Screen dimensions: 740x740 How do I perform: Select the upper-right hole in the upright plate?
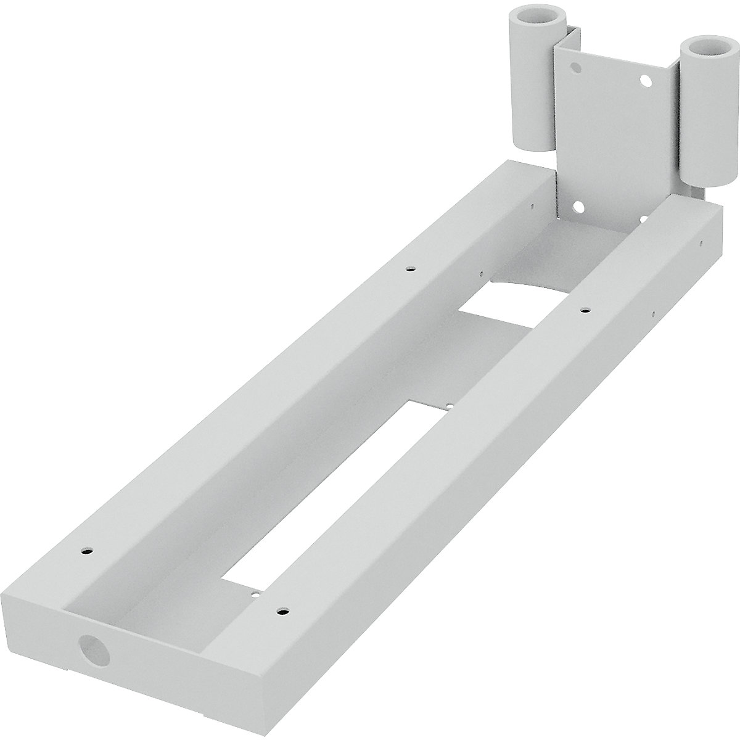pos(646,80)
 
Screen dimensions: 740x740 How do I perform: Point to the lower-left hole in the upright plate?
pos(578,206)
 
